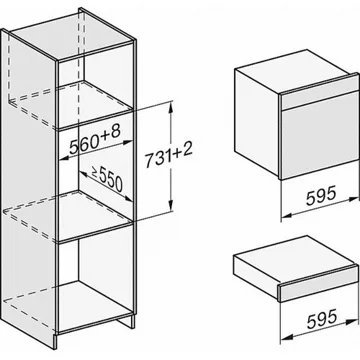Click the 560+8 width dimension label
click(94, 140)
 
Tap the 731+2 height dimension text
click(169, 157)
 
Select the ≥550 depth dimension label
click(107, 179)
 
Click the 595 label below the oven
click(320, 197)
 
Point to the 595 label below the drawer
click(322, 319)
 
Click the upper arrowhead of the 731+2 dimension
click(171, 106)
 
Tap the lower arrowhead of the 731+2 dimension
click(171, 206)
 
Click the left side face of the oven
click(257, 122)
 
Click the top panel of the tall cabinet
click(72, 36)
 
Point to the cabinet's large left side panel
click(29, 187)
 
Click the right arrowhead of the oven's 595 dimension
click(354, 199)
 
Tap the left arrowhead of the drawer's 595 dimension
click(287, 338)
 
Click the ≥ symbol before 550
click(94, 173)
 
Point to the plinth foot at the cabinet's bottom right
click(128, 321)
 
